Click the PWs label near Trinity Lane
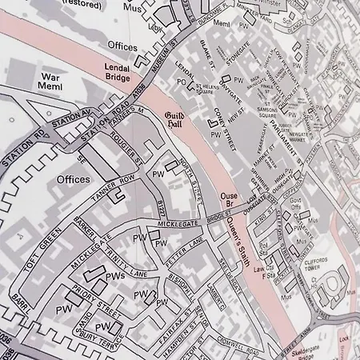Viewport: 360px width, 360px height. coord(115,276)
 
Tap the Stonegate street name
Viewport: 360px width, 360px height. coord(238,58)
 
